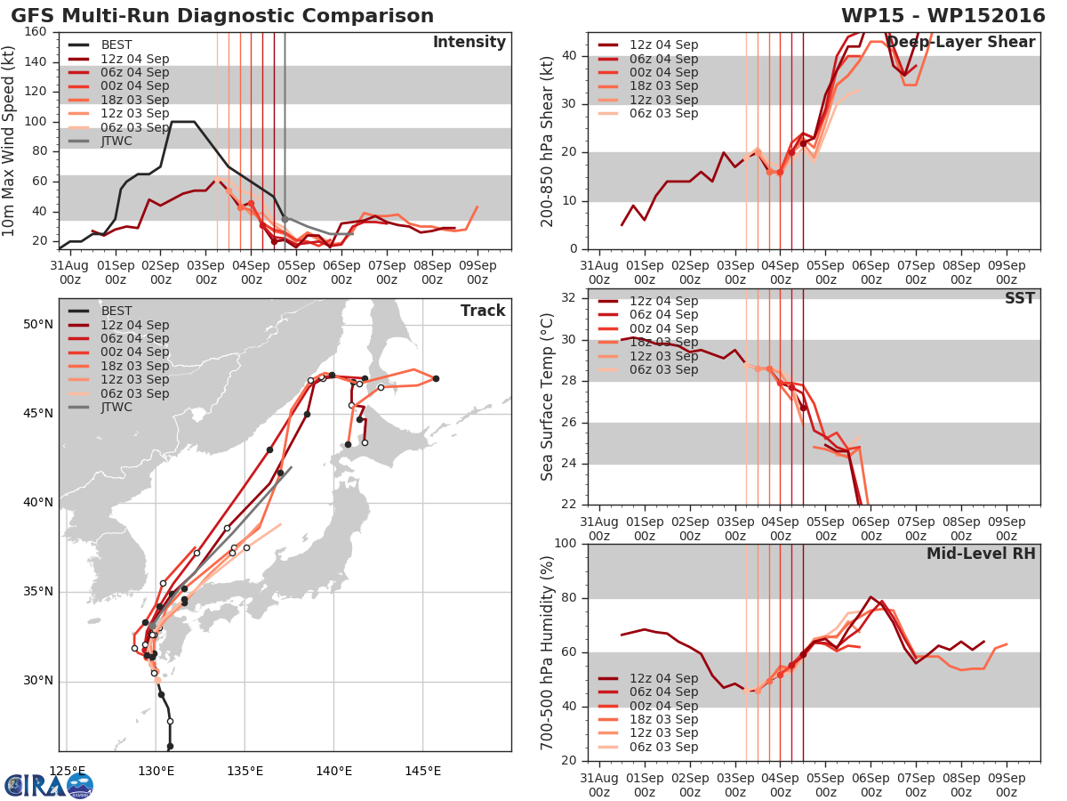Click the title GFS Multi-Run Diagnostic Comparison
click(222, 15)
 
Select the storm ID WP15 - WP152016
click(943, 15)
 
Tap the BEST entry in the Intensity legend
click(116, 44)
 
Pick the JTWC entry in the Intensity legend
click(116, 141)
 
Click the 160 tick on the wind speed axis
click(36, 32)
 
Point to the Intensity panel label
click(469, 43)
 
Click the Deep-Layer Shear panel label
click(961, 43)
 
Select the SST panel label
click(1020, 297)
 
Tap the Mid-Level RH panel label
click(981, 554)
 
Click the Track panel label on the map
click(483, 311)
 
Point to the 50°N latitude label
click(38, 324)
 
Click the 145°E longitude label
click(423, 772)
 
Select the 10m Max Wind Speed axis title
click(8, 141)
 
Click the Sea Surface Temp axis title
click(547, 397)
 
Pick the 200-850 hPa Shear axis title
click(547, 142)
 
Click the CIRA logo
click(49, 786)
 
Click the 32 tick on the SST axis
click(569, 297)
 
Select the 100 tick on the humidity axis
click(566, 544)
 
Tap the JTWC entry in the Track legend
click(116, 407)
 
